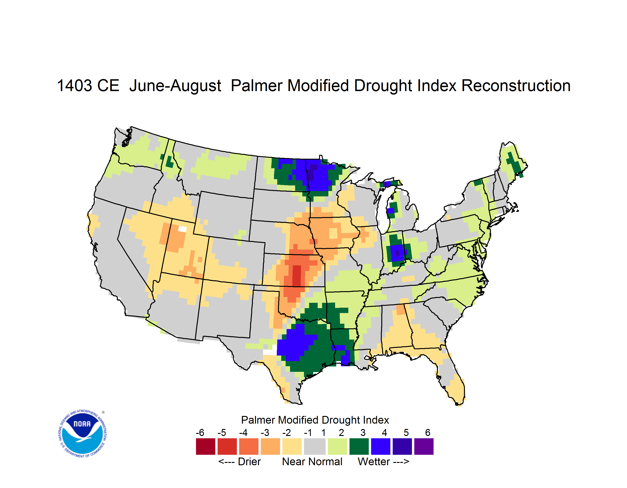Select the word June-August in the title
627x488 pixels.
(x=175, y=86)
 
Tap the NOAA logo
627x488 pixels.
(x=82, y=434)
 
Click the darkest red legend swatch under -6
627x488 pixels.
(x=206, y=446)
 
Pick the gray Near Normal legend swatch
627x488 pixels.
(x=315, y=446)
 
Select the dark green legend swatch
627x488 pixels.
(x=359, y=446)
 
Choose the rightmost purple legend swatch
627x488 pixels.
(x=424, y=446)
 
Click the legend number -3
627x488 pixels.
(x=265, y=432)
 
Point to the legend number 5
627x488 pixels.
(x=406, y=432)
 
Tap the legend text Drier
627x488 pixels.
(x=249, y=462)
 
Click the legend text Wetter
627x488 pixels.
(x=374, y=462)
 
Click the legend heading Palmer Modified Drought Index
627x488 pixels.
(x=315, y=420)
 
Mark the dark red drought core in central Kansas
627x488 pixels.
(x=297, y=275)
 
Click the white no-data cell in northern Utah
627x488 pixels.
(x=183, y=229)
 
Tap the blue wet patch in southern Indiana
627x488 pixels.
(x=398, y=253)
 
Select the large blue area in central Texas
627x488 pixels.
(x=294, y=343)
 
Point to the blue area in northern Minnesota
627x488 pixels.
(x=316, y=175)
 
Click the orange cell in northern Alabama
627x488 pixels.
(x=400, y=310)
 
